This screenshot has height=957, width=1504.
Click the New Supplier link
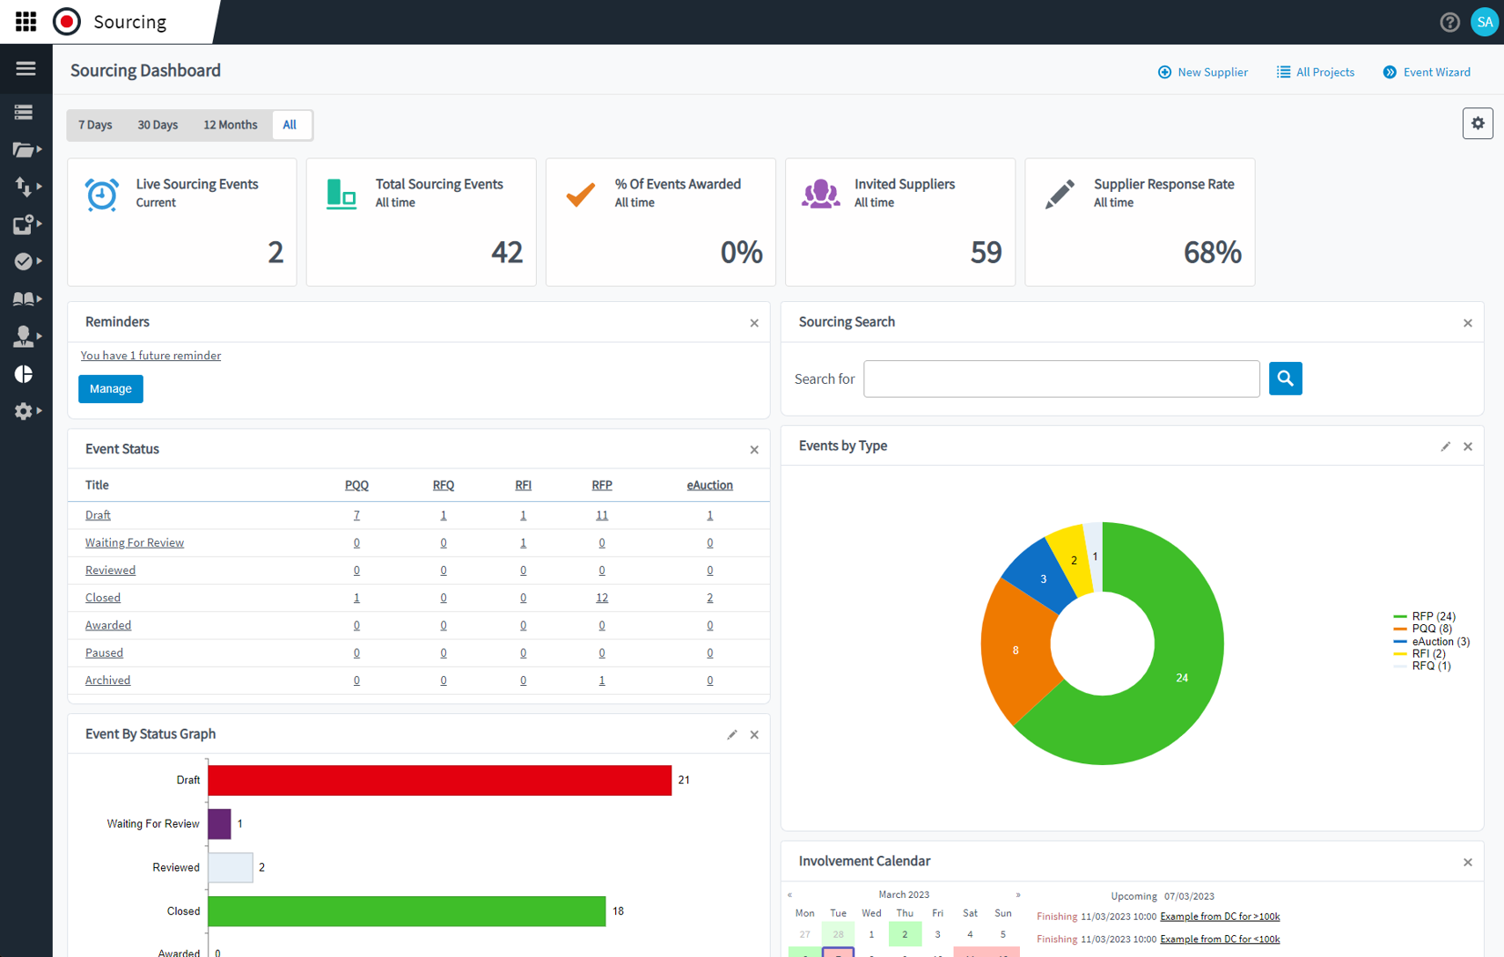[1202, 72]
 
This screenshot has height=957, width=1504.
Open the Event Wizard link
[1427, 72]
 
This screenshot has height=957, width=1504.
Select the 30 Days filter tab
[158, 125]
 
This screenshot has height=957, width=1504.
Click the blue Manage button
[111, 389]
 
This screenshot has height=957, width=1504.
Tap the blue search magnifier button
[1285, 379]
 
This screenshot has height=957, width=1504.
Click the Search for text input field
[1060, 379]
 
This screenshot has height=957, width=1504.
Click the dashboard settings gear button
[1478, 124]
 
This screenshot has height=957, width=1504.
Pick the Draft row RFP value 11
[602, 515]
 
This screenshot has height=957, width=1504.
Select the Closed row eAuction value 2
[710, 598]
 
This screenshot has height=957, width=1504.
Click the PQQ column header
[356, 485]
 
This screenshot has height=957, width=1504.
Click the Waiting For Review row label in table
[135, 542]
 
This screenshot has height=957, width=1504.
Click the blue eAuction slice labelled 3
[1042, 578]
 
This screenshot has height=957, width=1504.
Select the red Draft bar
[440, 781]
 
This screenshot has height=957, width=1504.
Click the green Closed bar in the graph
[407, 911]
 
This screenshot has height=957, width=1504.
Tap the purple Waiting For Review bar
[219, 824]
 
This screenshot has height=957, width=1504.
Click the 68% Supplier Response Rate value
[1212, 254]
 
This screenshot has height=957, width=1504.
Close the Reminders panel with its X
[754, 323]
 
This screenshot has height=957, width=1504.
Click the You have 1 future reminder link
[150, 356]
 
